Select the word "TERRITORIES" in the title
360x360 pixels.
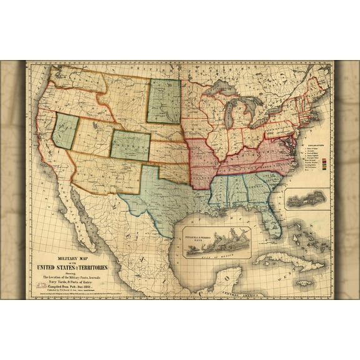pos(92,267)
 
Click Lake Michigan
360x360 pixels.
pos(230,116)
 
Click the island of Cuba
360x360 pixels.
pos(287,259)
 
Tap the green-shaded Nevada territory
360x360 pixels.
pos(66,131)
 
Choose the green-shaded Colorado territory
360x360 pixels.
pos(130,146)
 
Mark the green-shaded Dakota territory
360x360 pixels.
pos(164,101)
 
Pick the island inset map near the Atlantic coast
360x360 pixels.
pos(306,199)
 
